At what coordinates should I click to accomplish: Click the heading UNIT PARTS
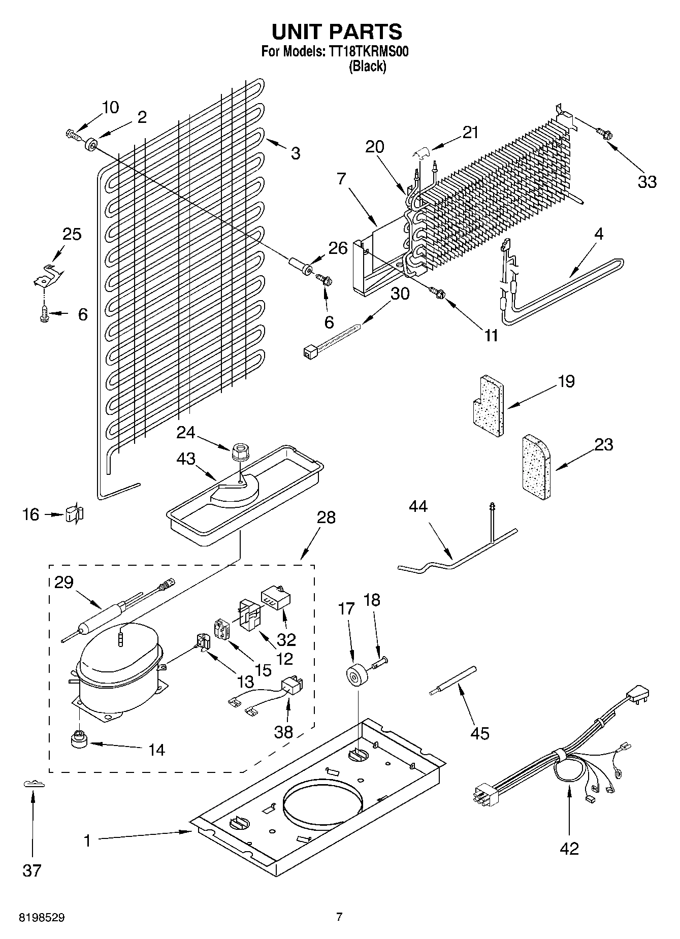(337, 31)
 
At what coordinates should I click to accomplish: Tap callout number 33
(647, 181)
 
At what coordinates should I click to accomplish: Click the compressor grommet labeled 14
(79, 739)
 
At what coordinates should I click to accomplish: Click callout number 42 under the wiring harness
(569, 849)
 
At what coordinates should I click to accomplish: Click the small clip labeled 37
(34, 785)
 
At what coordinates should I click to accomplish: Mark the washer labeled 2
(92, 144)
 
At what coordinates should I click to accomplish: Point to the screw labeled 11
(438, 293)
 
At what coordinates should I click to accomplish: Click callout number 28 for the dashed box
(326, 518)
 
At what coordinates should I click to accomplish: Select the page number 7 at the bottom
(339, 917)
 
